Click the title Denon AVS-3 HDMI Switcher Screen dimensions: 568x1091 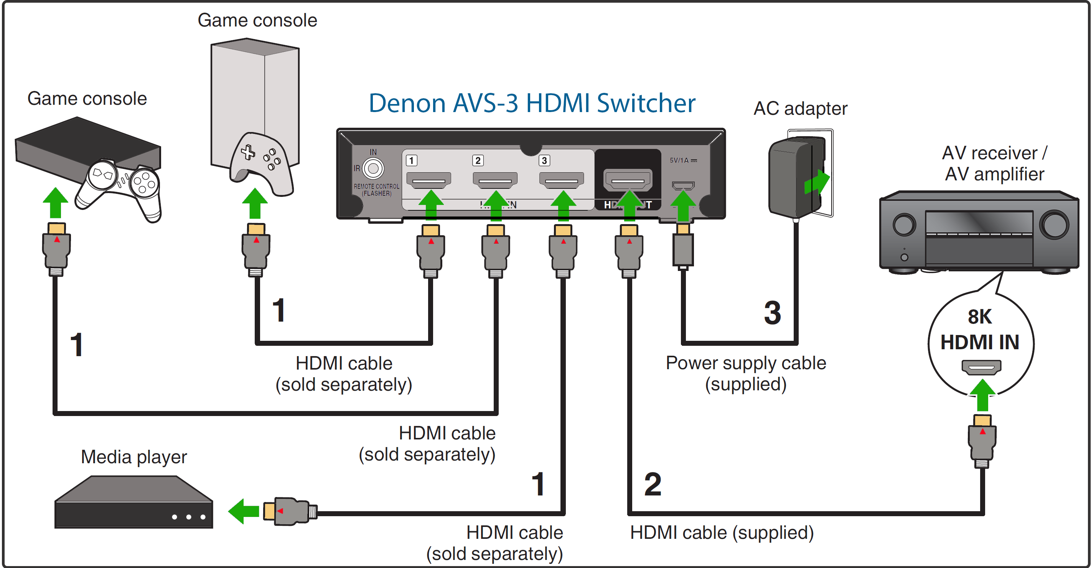coord(532,103)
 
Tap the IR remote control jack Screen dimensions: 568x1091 coord(373,168)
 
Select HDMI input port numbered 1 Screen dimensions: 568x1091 coord(428,180)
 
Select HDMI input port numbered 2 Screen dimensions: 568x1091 coord(495,180)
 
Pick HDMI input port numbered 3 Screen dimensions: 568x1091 coord(561,180)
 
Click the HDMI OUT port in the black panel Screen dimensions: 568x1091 coord(628,180)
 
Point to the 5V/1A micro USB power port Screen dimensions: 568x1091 coord(683,185)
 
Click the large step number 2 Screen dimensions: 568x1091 coord(652,484)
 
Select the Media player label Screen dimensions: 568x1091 coord(134,457)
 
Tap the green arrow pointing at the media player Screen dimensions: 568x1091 coord(244,511)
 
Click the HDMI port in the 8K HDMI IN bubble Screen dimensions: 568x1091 coord(981,367)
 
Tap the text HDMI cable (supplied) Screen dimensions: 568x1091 coord(722,532)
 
